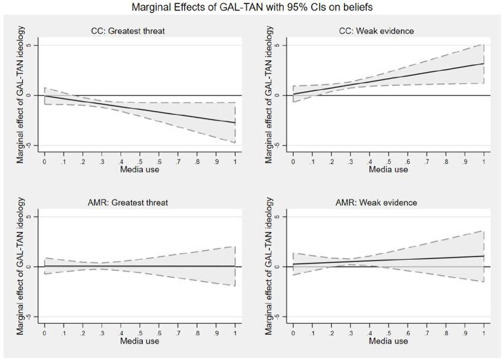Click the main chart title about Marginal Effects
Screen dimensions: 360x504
(252, 8)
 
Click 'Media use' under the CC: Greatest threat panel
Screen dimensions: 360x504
(140, 169)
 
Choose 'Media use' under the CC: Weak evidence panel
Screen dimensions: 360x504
(388, 169)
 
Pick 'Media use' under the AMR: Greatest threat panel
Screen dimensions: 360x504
(140, 341)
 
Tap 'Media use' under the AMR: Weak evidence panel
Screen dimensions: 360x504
(388, 341)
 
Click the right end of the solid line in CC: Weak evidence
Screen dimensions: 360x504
(484, 64)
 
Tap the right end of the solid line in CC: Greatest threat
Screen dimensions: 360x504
(235, 123)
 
